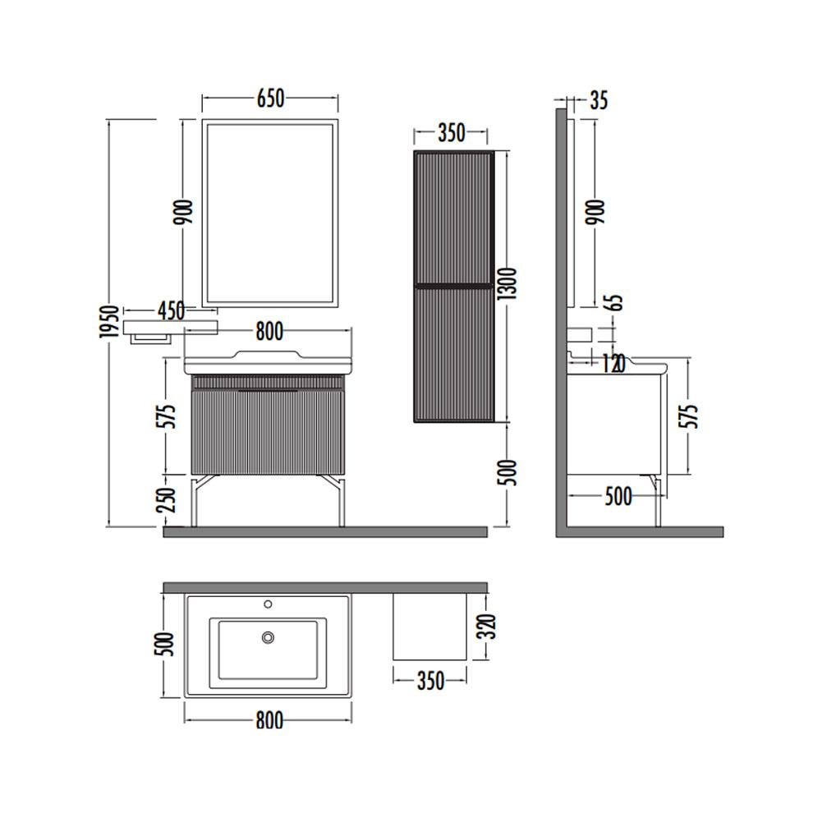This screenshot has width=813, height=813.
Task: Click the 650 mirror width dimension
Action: pos(271,99)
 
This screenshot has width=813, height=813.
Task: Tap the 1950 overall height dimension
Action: pos(109,322)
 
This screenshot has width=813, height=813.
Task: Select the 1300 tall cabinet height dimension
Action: pos(507,283)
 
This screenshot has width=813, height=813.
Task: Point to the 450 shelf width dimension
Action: pos(171,311)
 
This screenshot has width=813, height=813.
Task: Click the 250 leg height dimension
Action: pos(167,500)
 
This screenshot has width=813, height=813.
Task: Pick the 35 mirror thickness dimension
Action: pos(599,100)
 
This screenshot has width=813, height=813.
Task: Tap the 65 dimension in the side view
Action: pos(615,302)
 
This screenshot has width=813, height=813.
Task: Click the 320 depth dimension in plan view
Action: pos(487,626)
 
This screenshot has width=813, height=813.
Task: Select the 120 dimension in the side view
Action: pos(613,365)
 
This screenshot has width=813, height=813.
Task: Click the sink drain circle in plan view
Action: pos(268,637)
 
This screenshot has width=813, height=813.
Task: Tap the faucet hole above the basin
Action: pos(268,604)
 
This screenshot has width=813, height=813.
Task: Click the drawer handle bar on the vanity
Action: pos(268,390)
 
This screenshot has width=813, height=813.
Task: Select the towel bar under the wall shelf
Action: pos(150,338)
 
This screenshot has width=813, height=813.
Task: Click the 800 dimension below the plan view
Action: pos(269,719)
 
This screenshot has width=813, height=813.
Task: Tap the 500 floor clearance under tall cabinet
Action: pos(507,472)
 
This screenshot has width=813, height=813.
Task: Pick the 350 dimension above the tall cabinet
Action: pos(452,133)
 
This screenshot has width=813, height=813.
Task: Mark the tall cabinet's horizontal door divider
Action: pos(452,285)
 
